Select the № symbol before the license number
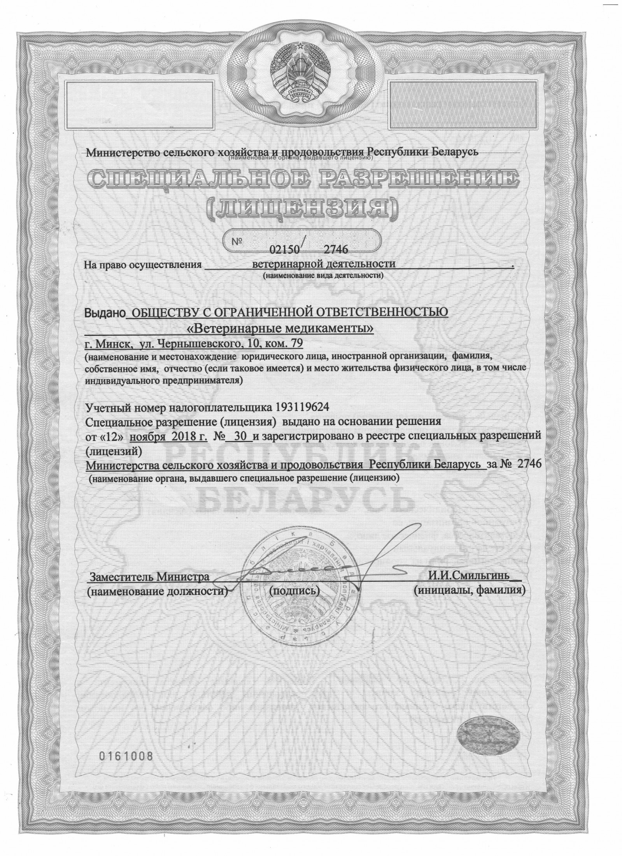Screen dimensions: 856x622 [237, 242]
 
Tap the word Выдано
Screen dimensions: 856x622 [106, 312]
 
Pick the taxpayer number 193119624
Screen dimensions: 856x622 [301, 407]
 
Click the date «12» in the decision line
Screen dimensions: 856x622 [113, 436]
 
